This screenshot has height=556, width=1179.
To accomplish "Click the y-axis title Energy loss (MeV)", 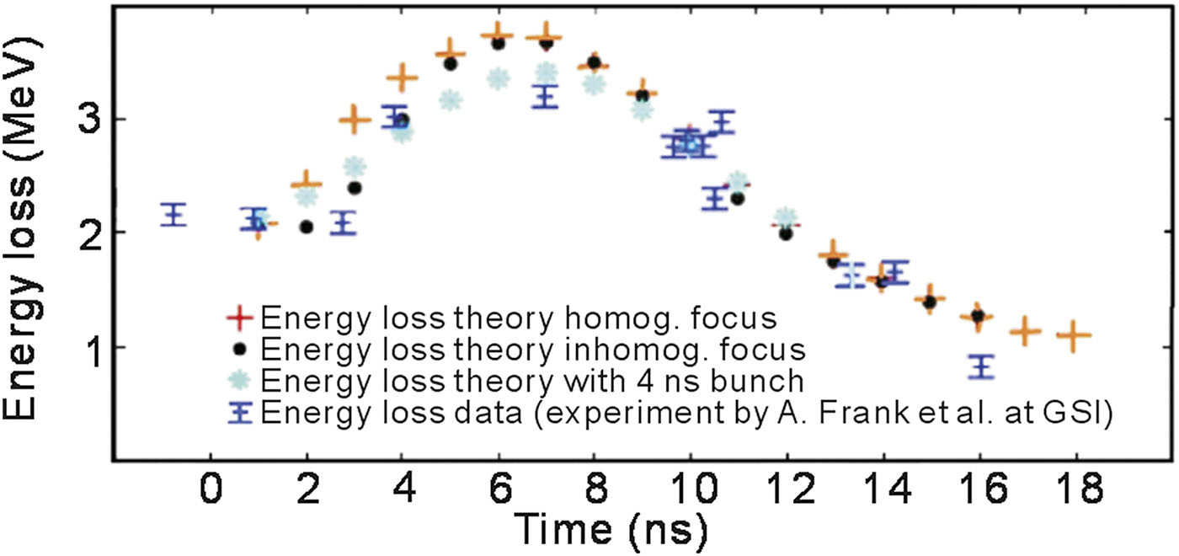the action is coord(22,228).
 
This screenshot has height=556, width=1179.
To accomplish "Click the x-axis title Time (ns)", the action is coord(611,528).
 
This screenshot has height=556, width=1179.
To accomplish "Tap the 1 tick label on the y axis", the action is coord(93,347).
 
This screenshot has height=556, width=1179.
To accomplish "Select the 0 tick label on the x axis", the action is coord(211,488).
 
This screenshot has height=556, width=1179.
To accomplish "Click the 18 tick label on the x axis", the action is coord(1076,488).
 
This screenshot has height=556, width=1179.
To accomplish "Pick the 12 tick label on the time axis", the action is coord(787,488).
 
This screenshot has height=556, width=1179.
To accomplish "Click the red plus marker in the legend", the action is coord(239,317).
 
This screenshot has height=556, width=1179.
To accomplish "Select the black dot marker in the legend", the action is coord(240,348).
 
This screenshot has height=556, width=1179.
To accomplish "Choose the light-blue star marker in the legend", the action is coord(239,380).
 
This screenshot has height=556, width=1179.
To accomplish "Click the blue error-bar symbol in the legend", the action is coord(240,412).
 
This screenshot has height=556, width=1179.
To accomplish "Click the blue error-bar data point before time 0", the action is coord(173,214).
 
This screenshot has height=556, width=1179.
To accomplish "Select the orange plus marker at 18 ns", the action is coord(1074,335).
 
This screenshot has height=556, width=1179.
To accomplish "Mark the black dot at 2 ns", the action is coord(307,227).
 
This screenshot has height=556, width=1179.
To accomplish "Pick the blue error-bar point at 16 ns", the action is coord(981,366).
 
